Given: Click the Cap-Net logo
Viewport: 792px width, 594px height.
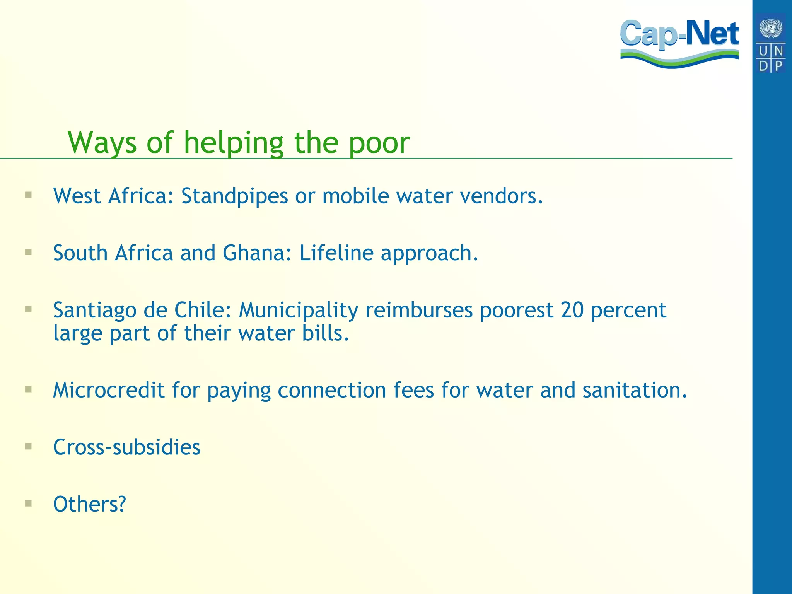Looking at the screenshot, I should pyautogui.click(x=679, y=43).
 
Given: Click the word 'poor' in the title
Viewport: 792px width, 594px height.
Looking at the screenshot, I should pyautogui.click(x=379, y=143).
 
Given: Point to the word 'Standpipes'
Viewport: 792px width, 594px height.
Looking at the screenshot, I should pyautogui.click(x=235, y=196).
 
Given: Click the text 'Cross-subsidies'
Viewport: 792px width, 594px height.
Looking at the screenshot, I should pyautogui.click(x=127, y=447).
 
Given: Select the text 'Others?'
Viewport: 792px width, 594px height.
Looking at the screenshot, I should pyautogui.click(x=90, y=504).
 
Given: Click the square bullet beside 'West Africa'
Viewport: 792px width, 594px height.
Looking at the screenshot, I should pyautogui.click(x=28, y=195).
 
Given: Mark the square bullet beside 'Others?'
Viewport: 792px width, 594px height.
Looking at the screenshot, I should pyautogui.click(x=28, y=504).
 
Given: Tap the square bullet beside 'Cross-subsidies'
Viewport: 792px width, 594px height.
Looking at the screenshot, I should pyautogui.click(x=28, y=447).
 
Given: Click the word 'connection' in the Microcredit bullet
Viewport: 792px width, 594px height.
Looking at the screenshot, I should pyautogui.click(x=332, y=390).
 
